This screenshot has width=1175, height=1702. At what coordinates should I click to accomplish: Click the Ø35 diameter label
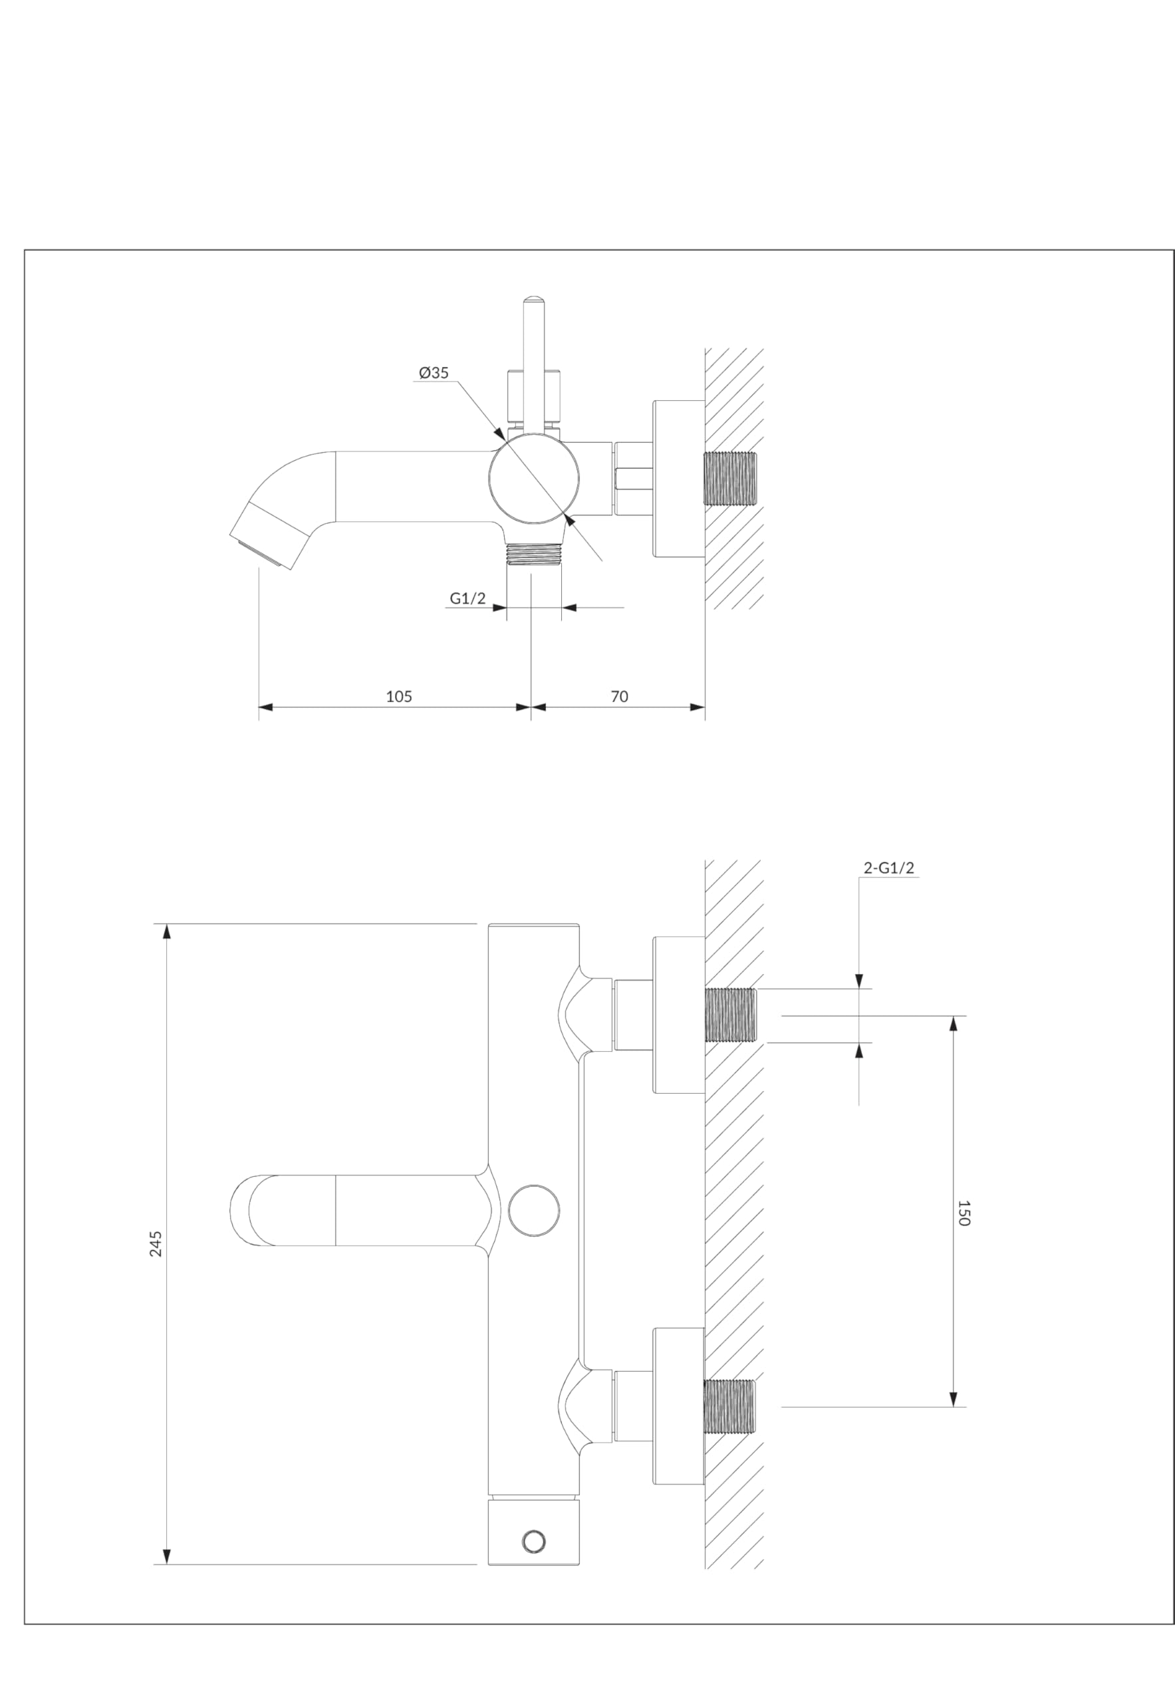434,372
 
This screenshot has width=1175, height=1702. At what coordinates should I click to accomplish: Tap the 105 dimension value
399,696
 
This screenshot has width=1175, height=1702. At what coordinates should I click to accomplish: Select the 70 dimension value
619,696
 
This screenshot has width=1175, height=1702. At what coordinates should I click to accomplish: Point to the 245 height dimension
156,1243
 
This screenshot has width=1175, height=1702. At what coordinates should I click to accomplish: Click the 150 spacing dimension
964,1213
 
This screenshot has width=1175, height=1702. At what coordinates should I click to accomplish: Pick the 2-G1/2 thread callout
888,868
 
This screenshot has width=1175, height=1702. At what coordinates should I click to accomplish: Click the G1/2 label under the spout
467,598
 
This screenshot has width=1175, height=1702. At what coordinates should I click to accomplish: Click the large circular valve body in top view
534,479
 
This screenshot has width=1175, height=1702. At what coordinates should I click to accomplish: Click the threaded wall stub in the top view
730,479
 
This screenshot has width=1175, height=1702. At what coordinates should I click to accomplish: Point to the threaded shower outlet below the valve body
534,554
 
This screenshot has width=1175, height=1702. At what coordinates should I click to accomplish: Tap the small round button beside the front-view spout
534,1210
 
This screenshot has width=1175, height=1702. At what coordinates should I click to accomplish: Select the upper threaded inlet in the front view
730,1015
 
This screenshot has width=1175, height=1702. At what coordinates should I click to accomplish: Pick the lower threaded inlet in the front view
730,1407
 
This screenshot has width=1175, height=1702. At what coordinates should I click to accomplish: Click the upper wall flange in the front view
679,1015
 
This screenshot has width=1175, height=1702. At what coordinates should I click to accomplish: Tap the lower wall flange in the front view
679,1407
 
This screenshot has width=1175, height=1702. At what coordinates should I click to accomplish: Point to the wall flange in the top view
679,479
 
